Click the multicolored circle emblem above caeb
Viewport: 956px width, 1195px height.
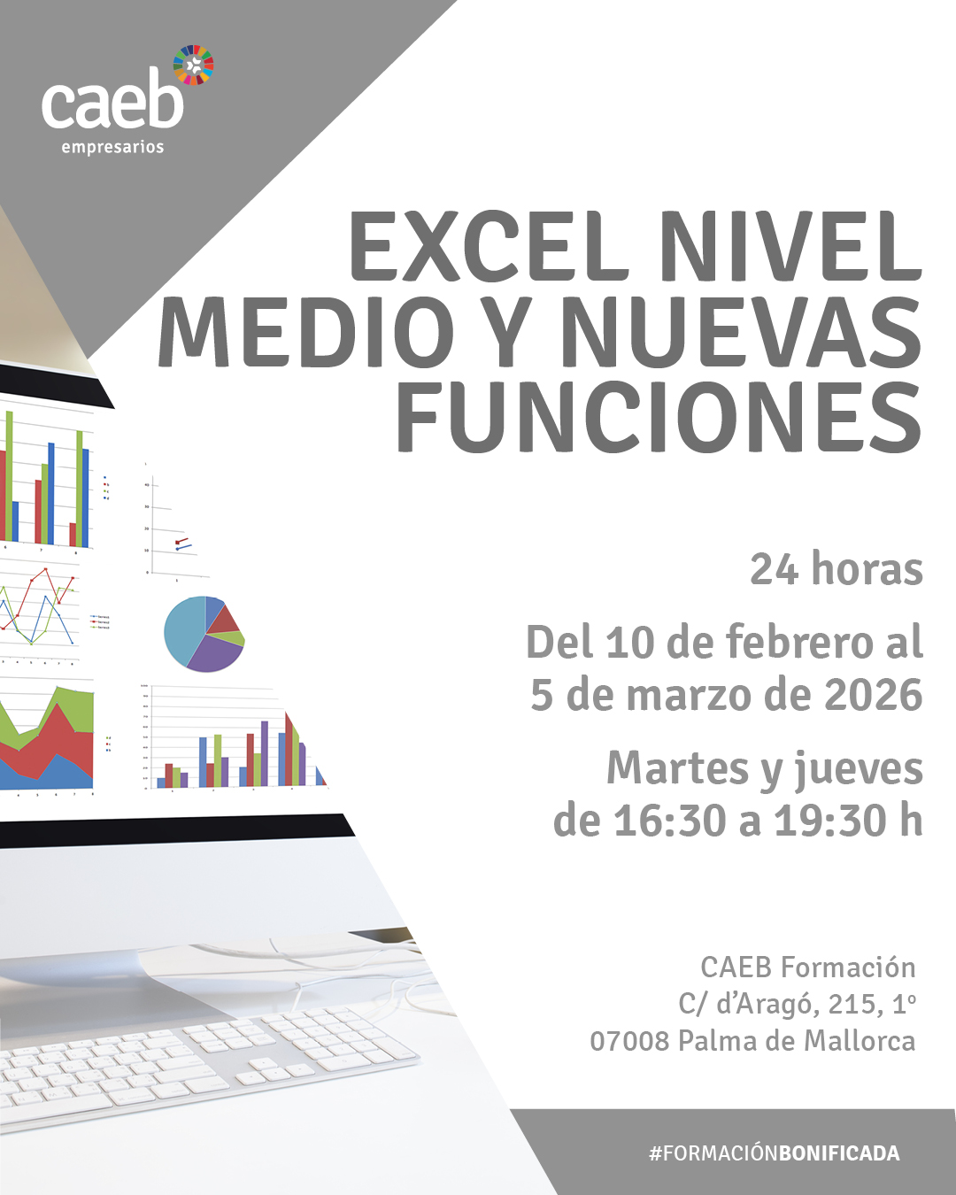pyautogui.click(x=193, y=65)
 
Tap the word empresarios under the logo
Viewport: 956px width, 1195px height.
pyautogui.click(x=112, y=148)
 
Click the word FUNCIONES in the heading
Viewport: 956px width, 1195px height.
pyautogui.click(x=659, y=417)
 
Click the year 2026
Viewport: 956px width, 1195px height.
pyautogui.click(x=873, y=695)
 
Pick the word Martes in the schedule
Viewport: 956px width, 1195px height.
pyautogui.click(x=678, y=768)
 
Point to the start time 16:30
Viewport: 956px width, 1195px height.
pyautogui.click(x=670, y=821)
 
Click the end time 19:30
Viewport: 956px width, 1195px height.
pyautogui.click(x=830, y=821)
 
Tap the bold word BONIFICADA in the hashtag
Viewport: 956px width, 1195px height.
pyautogui.click(x=839, y=1153)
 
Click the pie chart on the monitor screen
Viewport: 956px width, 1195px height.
pyautogui.click(x=204, y=634)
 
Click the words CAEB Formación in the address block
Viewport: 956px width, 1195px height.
pyautogui.click(x=807, y=967)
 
